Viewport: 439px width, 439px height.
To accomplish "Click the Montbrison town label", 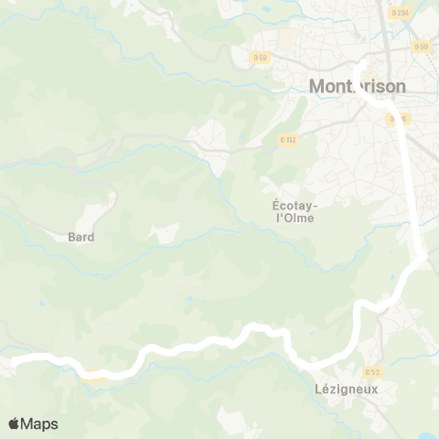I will [x=358, y=86].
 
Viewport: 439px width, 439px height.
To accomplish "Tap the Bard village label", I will [x=81, y=236].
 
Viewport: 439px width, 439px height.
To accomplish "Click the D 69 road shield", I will [x=261, y=58].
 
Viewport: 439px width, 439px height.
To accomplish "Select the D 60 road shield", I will [x=421, y=46].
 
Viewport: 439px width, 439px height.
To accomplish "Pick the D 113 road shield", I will [x=288, y=140].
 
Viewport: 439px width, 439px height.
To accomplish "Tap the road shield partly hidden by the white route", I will [x=396, y=118].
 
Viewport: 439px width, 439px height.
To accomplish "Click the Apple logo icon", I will [x=14, y=423].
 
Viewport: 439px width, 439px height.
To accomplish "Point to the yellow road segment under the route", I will [x=93, y=372].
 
